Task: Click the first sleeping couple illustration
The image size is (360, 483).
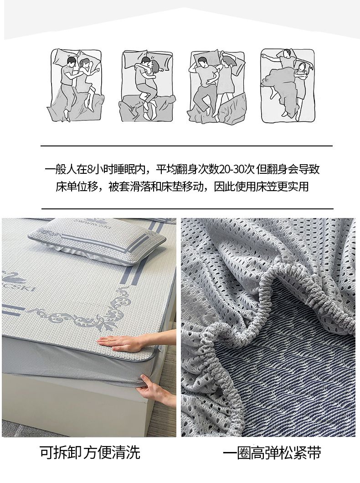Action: [75, 85]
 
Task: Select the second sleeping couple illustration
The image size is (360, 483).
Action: [147, 85]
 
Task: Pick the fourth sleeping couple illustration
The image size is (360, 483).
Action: [288, 85]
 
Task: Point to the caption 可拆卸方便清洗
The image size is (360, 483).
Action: [90, 452]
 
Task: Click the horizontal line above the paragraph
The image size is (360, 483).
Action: [186, 145]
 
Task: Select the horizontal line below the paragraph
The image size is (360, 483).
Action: [187, 208]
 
